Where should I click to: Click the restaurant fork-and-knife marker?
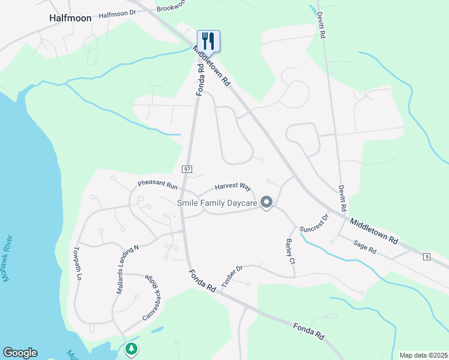(x=208, y=41)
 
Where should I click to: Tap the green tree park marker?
(x=131, y=349)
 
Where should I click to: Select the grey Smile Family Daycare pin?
(x=267, y=203)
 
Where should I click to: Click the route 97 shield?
(x=187, y=170)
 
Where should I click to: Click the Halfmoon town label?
(x=70, y=18)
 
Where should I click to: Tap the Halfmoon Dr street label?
(x=118, y=14)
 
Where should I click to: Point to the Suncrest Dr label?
(x=315, y=223)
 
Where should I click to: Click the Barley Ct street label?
(x=290, y=253)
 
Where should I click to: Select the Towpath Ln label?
(x=77, y=265)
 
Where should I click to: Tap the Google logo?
(x=20, y=353)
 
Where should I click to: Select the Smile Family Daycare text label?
(x=217, y=203)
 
